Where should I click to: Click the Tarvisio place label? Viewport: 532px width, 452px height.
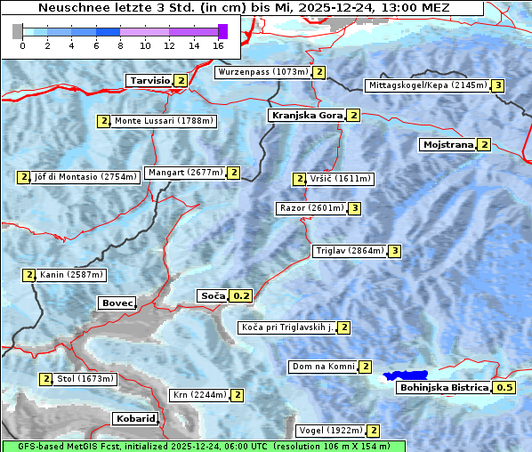pyautogui.click(x=149, y=80)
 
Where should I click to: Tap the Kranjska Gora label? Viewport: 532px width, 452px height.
pyautogui.click(x=306, y=116)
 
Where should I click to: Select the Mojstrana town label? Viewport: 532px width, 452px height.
pyautogui.click(x=447, y=144)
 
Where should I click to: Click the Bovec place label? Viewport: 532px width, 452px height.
pyautogui.click(x=117, y=303)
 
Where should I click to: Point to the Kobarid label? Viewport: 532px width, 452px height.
pyautogui.click(x=135, y=418)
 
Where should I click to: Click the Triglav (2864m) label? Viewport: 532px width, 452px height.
pyautogui.click(x=349, y=251)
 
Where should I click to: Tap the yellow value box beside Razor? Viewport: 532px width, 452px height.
pyautogui.click(x=354, y=208)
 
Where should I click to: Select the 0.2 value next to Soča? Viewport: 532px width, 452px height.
pyautogui.click(x=241, y=295)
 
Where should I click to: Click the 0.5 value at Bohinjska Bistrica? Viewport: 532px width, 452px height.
pyautogui.click(x=504, y=387)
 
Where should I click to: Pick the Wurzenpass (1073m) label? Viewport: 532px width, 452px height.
pyautogui.click(x=263, y=72)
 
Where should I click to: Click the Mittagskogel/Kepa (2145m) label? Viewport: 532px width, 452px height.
pyautogui.click(x=427, y=85)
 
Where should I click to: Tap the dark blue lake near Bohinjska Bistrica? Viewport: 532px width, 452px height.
pyautogui.click(x=406, y=376)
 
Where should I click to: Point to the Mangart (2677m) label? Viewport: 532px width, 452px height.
pyautogui.click(x=185, y=173)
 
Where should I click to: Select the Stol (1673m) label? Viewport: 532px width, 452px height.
pyautogui.click(x=85, y=379)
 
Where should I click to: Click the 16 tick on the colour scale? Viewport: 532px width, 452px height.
pyautogui.click(x=219, y=45)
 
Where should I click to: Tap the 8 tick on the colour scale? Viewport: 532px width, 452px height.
pyautogui.click(x=120, y=45)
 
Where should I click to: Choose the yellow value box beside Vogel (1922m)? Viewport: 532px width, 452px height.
pyautogui.click(x=374, y=431)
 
